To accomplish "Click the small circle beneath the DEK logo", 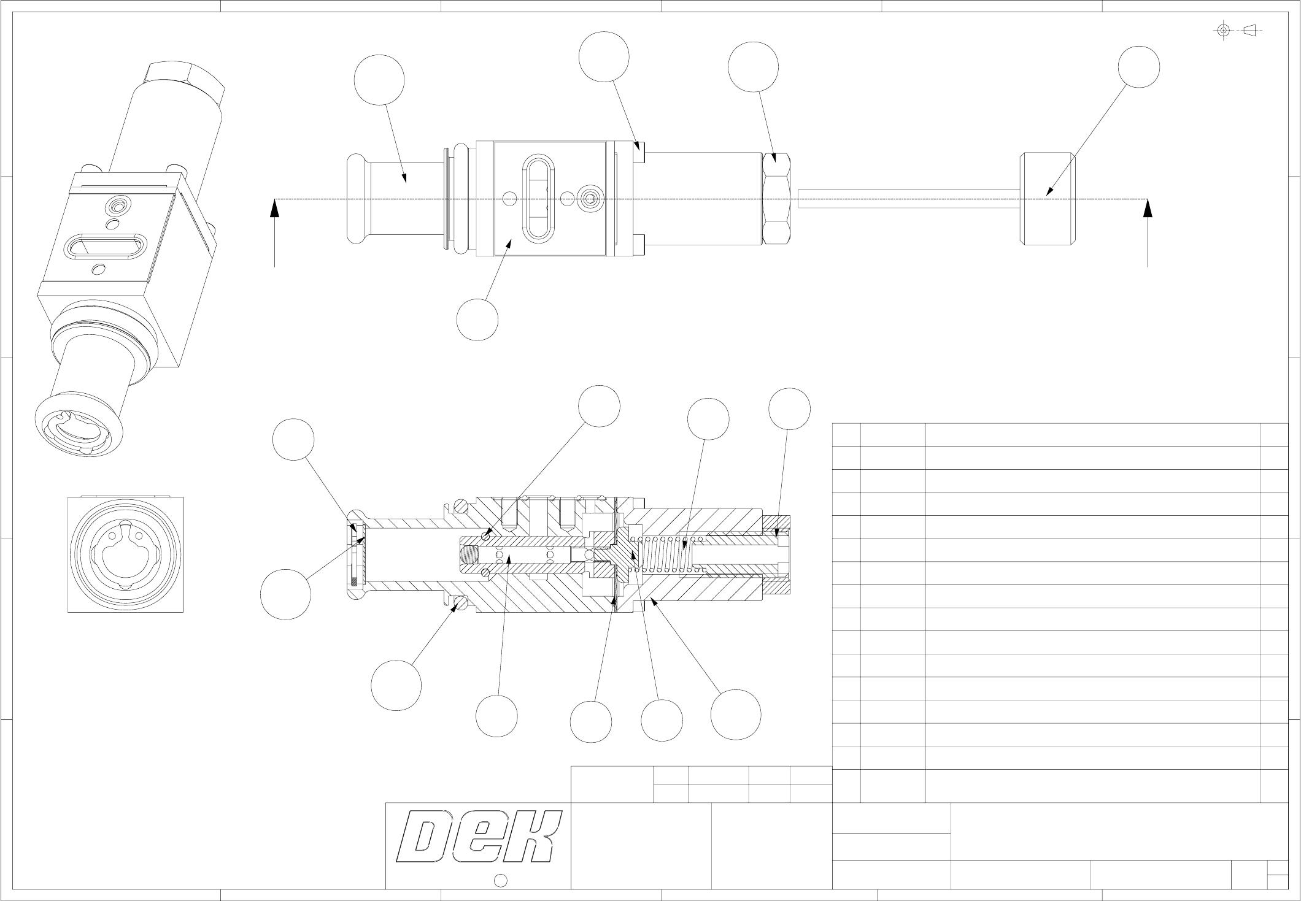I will (500, 880).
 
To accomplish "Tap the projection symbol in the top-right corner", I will (1240, 30).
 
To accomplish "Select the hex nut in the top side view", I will (776, 198).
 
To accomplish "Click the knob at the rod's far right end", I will (1048, 199).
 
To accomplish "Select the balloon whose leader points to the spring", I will (708, 419).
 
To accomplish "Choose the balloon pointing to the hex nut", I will (753, 67).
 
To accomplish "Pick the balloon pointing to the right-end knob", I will (1138, 66).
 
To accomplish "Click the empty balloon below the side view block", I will (477, 320).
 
